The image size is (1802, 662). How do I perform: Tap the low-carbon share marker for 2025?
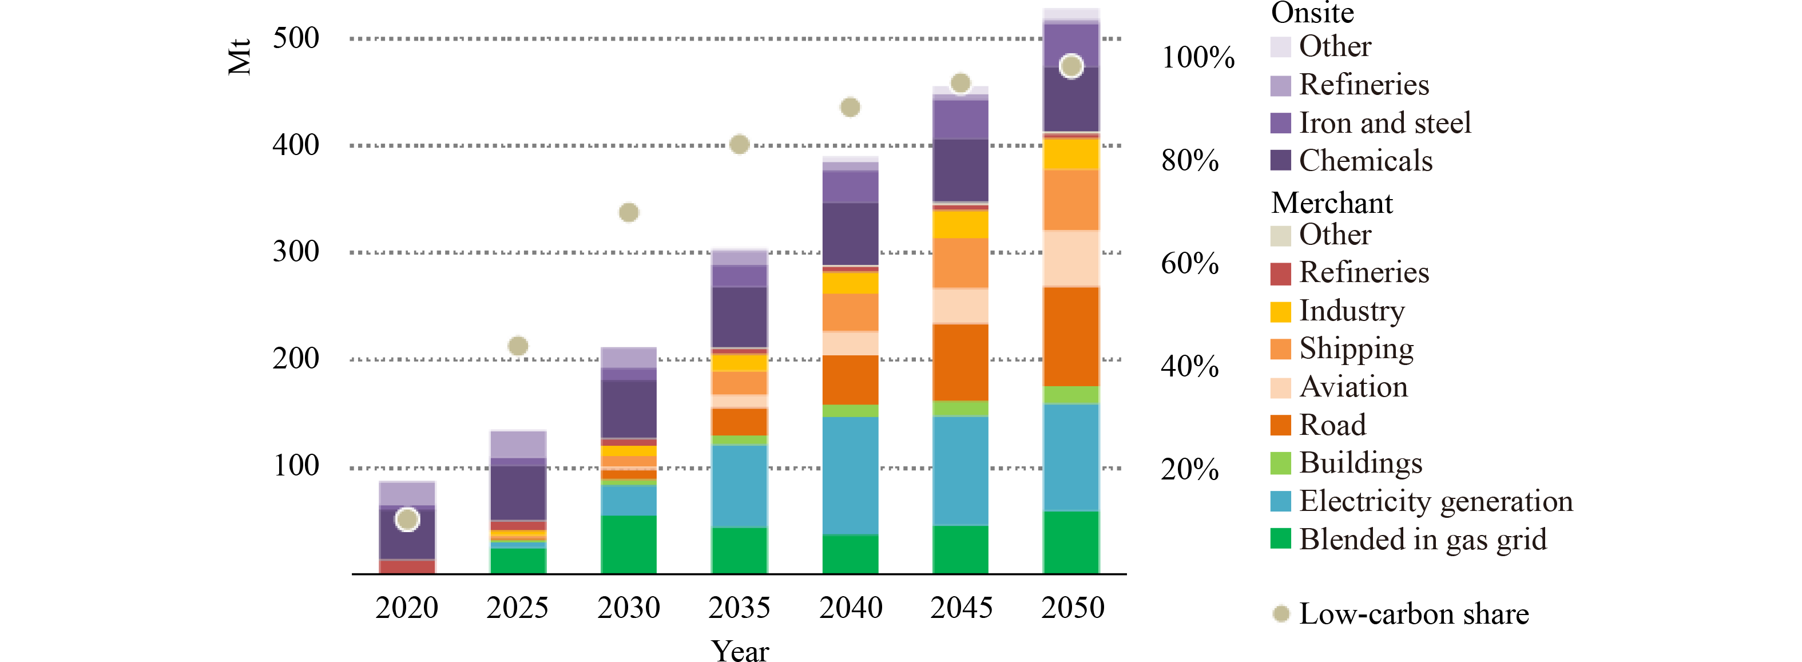pos(518,346)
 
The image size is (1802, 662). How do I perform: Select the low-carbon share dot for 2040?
pos(850,107)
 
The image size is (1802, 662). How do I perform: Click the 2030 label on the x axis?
pos(628,608)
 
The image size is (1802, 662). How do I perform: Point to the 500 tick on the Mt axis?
pos(296,38)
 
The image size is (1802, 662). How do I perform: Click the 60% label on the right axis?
pos(1189,264)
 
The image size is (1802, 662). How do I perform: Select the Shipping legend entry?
pos(1356,348)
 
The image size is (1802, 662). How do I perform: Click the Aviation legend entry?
pos(1353,387)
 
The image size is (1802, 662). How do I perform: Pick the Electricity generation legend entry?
pos(1435,501)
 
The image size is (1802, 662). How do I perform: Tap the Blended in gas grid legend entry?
pos(1422,540)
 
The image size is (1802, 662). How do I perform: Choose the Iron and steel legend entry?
pos(1384,123)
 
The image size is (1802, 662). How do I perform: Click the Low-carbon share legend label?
pos(1413,614)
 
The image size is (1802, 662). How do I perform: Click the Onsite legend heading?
pos(1312,13)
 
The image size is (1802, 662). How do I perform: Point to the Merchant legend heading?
pos(1332,203)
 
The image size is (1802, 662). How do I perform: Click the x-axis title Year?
pos(740,650)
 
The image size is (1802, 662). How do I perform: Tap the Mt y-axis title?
pos(239,57)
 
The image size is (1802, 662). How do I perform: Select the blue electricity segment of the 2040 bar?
pos(850,476)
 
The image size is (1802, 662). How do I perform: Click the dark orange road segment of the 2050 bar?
pos(1071,336)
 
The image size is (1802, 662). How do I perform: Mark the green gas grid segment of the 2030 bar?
pos(628,545)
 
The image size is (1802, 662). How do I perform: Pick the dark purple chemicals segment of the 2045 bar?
pos(960,170)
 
